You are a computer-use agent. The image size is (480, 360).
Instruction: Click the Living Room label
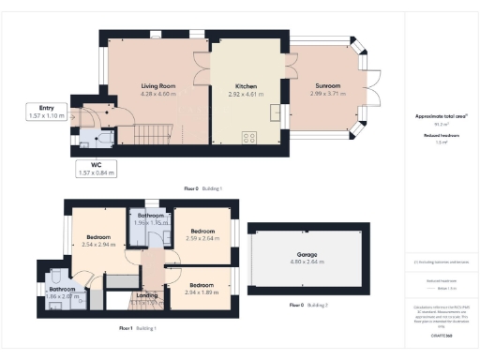(x=157, y=85)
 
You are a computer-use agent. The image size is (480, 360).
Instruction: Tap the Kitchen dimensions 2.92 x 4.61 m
(x=246, y=95)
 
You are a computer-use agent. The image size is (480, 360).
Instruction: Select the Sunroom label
(x=327, y=85)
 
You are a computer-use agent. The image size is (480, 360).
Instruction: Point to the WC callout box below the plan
(x=95, y=169)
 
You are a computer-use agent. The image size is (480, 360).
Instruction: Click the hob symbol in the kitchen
(x=249, y=138)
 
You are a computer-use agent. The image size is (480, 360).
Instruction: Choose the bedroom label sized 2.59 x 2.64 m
(x=203, y=231)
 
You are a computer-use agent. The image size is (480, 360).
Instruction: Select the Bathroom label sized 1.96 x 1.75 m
(x=149, y=216)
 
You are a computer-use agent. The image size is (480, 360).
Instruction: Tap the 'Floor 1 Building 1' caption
(x=138, y=328)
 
